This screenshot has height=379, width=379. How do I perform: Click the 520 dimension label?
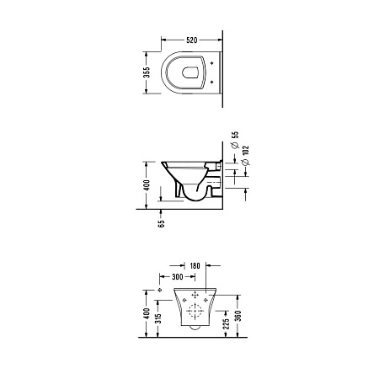tap(192, 40)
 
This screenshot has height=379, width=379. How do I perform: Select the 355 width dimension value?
tap(147, 72)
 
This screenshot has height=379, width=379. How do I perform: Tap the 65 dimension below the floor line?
tap(162, 223)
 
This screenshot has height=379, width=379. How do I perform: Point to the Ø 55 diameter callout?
tap(235, 140)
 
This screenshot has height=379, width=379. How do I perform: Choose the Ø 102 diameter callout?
tap(245, 155)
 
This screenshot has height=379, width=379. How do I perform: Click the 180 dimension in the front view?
tap(195, 265)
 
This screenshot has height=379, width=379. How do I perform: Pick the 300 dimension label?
tap(178, 277)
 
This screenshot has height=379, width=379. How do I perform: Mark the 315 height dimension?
tap(158, 318)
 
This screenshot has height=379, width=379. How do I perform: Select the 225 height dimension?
tap(227, 323)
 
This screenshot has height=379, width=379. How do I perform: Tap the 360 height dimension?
tap(238, 316)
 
